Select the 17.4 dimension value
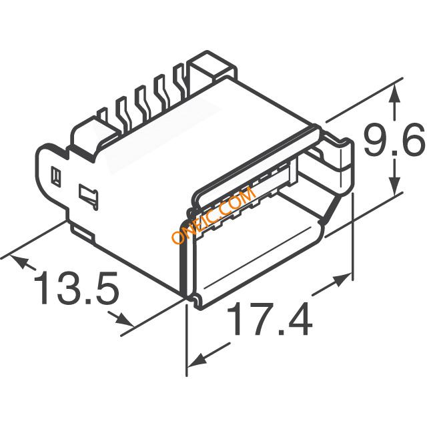click(x=270, y=320)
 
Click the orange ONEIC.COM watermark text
click(x=213, y=216)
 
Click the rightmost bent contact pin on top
click(x=179, y=78)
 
